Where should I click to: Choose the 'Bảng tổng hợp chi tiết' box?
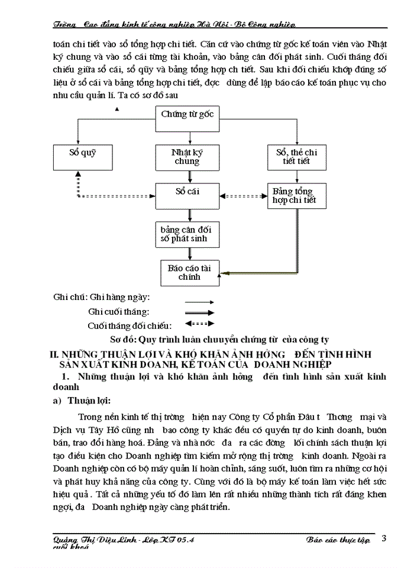pos(294,195)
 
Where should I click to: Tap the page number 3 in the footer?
pos(384,538)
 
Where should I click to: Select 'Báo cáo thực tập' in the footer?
pos(338,540)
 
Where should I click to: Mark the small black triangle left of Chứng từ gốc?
pos(118,109)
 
